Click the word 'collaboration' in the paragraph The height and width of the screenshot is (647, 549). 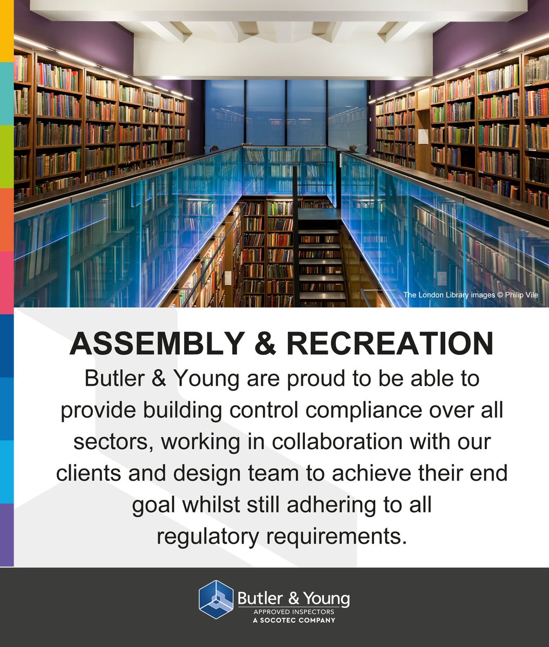click(x=339, y=442)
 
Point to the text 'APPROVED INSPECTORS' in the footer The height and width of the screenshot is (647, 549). click(x=294, y=612)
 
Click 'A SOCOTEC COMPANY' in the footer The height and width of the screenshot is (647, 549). click(x=294, y=620)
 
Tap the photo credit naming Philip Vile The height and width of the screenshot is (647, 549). click(x=471, y=295)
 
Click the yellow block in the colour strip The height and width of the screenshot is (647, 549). click(x=6, y=31)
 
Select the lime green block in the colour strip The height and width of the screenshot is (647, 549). click(x=6, y=156)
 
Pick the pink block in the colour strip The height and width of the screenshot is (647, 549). click(x=6, y=283)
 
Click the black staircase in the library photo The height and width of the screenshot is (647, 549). click(x=322, y=259)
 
